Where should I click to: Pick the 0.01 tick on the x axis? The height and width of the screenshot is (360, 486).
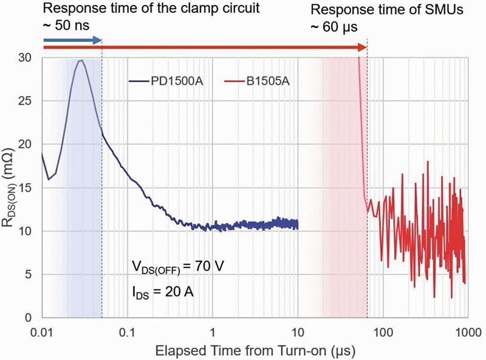click(42, 333)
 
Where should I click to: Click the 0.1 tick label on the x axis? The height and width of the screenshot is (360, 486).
click(127, 333)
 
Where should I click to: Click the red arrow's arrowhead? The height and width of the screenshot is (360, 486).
click(363, 47)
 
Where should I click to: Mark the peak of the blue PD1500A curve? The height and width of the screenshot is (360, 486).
click(80, 60)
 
